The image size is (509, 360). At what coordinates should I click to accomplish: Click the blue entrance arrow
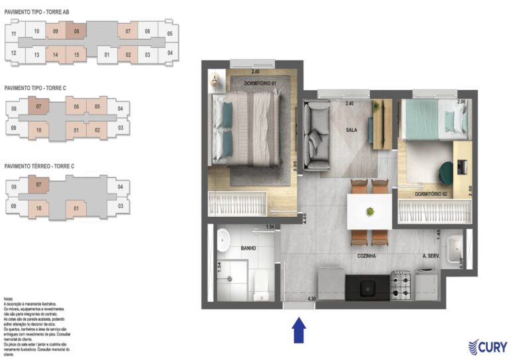(x=298, y=330)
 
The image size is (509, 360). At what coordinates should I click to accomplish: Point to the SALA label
(x=351, y=130)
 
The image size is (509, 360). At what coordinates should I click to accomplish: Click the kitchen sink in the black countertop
(x=365, y=287)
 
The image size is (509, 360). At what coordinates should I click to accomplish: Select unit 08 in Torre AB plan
(x=77, y=31)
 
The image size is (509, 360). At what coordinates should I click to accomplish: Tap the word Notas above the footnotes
(x=9, y=300)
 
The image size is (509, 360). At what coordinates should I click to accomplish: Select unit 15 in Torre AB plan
(x=77, y=54)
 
